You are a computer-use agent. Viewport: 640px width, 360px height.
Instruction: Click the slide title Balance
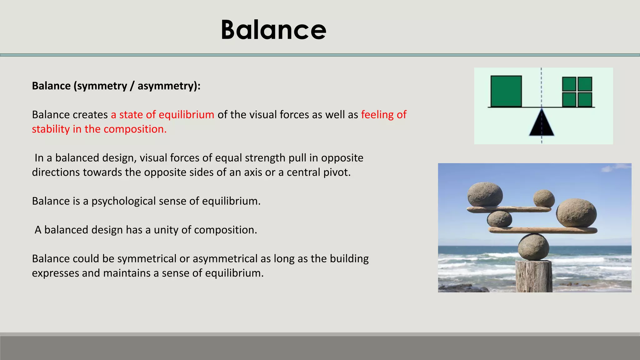273,30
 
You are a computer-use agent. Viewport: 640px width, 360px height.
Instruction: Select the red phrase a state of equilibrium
162,115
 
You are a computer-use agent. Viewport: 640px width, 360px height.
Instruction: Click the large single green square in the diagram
506,91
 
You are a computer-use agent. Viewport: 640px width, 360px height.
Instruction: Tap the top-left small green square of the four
569,84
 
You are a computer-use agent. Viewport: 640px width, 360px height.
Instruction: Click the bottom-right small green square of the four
585,100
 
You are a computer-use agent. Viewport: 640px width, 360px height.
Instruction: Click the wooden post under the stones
533,277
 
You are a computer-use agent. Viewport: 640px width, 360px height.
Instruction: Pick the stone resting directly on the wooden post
533,247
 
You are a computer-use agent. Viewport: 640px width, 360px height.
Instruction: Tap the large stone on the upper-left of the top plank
485,194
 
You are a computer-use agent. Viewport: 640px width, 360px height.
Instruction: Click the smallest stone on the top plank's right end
544,198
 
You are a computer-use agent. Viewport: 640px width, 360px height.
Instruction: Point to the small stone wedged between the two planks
499,219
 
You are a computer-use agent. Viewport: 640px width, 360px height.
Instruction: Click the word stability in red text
51,129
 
